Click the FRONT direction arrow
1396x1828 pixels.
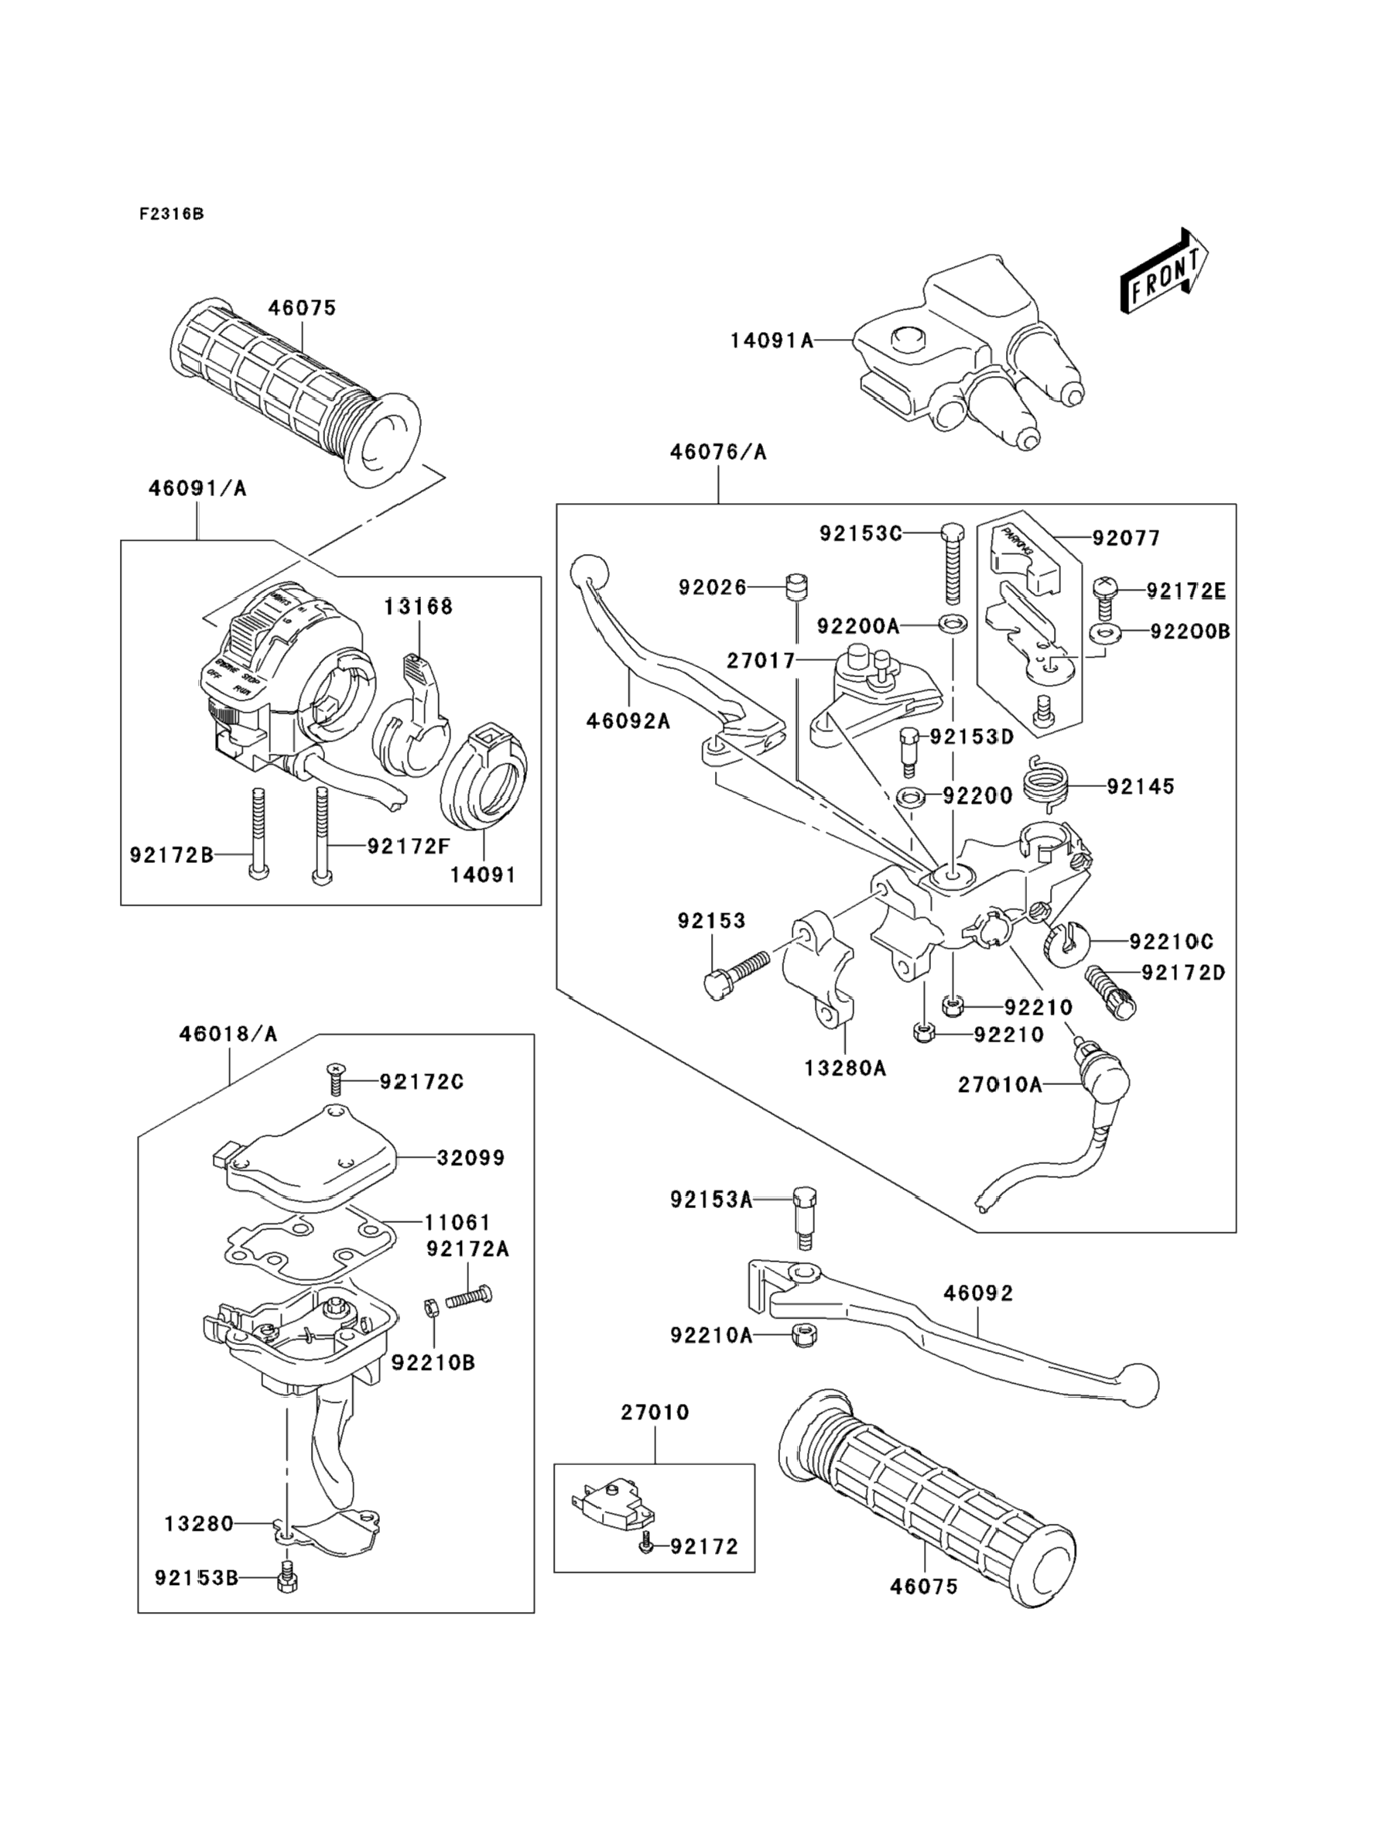pos(1163,272)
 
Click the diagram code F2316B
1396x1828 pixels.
pos(171,214)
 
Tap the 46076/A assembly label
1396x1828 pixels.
pos(718,452)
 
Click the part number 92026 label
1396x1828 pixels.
pos(712,587)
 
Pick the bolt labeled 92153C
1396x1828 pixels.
pos(953,565)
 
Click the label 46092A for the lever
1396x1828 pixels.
pos(628,721)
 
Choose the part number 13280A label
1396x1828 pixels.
pos(845,1069)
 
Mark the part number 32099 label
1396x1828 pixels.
pos(470,1158)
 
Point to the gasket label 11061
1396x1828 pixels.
pos(458,1222)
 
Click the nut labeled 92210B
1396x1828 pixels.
pos(430,1306)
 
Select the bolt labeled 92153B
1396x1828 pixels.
pos(286,1576)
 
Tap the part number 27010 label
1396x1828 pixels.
pos(655,1412)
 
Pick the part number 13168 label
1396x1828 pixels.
pos(418,607)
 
